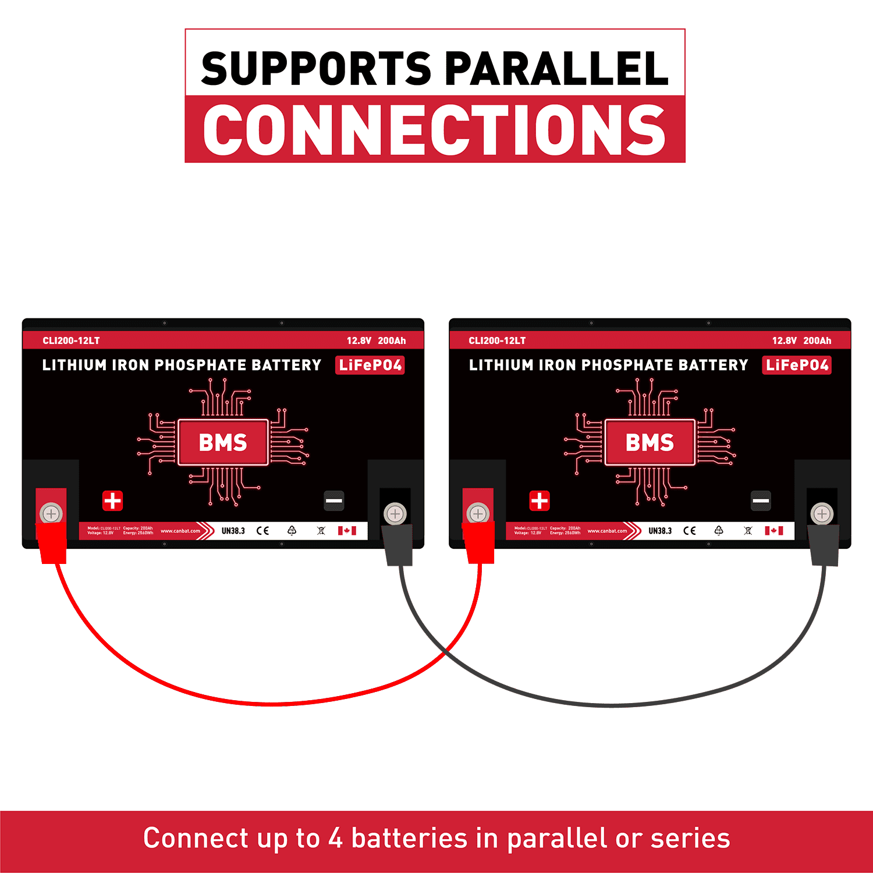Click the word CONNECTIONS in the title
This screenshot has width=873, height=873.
point(434,130)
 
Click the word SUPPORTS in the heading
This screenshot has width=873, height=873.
point(316,69)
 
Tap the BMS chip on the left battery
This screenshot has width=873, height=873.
point(223,442)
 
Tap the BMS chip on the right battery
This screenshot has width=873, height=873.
point(650,442)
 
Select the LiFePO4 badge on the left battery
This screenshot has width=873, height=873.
point(370,365)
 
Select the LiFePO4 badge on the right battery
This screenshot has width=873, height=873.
point(797,365)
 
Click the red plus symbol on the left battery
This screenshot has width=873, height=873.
point(113,501)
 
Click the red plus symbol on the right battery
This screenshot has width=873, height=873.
point(540,501)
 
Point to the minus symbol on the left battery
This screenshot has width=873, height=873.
point(334,501)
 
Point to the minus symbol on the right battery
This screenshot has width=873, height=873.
point(761,501)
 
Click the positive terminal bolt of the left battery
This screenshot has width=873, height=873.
point(51,514)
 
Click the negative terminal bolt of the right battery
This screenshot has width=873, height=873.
point(822,514)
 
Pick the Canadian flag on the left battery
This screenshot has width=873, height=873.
point(347,531)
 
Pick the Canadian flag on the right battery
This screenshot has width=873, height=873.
point(774,531)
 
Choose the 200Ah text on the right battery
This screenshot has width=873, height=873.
point(817,340)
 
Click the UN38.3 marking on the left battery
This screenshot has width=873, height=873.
point(233,531)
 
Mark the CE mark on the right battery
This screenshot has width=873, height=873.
point(690,531)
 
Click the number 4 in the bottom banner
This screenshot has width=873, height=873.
point(336,839)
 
